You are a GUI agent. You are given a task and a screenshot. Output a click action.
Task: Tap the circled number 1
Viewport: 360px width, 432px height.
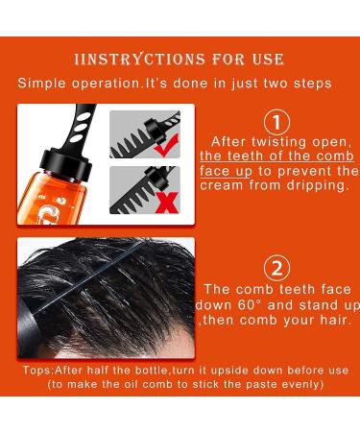(276, 122)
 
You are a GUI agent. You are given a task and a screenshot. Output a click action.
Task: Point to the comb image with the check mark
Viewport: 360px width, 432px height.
(144, 134)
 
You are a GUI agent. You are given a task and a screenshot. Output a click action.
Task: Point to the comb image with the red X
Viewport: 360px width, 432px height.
(144, 189)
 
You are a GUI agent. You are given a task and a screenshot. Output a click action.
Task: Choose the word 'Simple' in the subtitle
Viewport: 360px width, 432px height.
(43, 84)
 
